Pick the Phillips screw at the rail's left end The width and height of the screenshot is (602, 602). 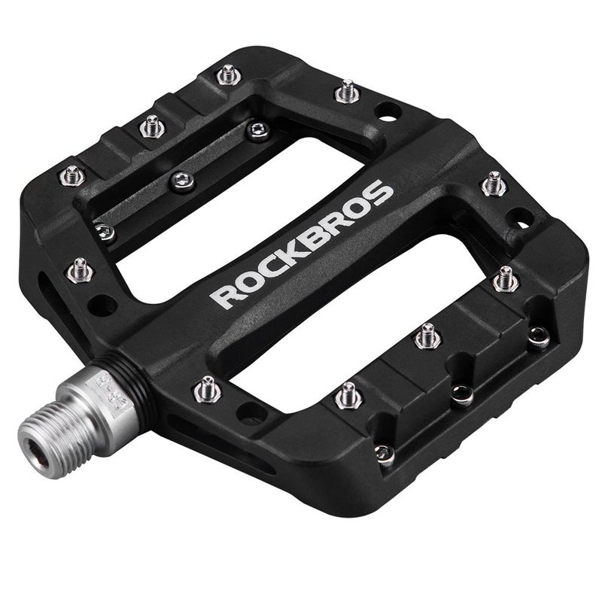click(105, 232)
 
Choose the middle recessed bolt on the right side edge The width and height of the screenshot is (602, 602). click(461, 394)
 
